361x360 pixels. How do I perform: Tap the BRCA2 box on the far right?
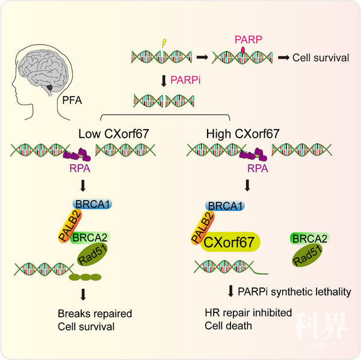[308, 239]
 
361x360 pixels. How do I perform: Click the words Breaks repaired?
[94, 314]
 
